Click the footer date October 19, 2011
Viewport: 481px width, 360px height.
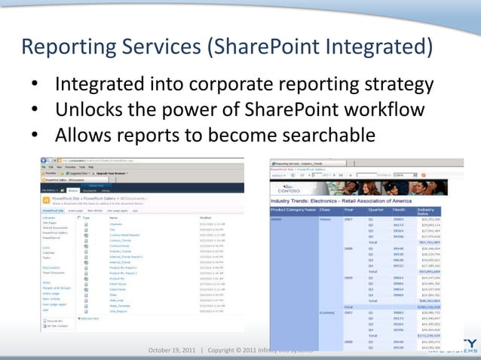click(173, 349)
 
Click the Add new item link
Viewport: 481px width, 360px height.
click(92, 318)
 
